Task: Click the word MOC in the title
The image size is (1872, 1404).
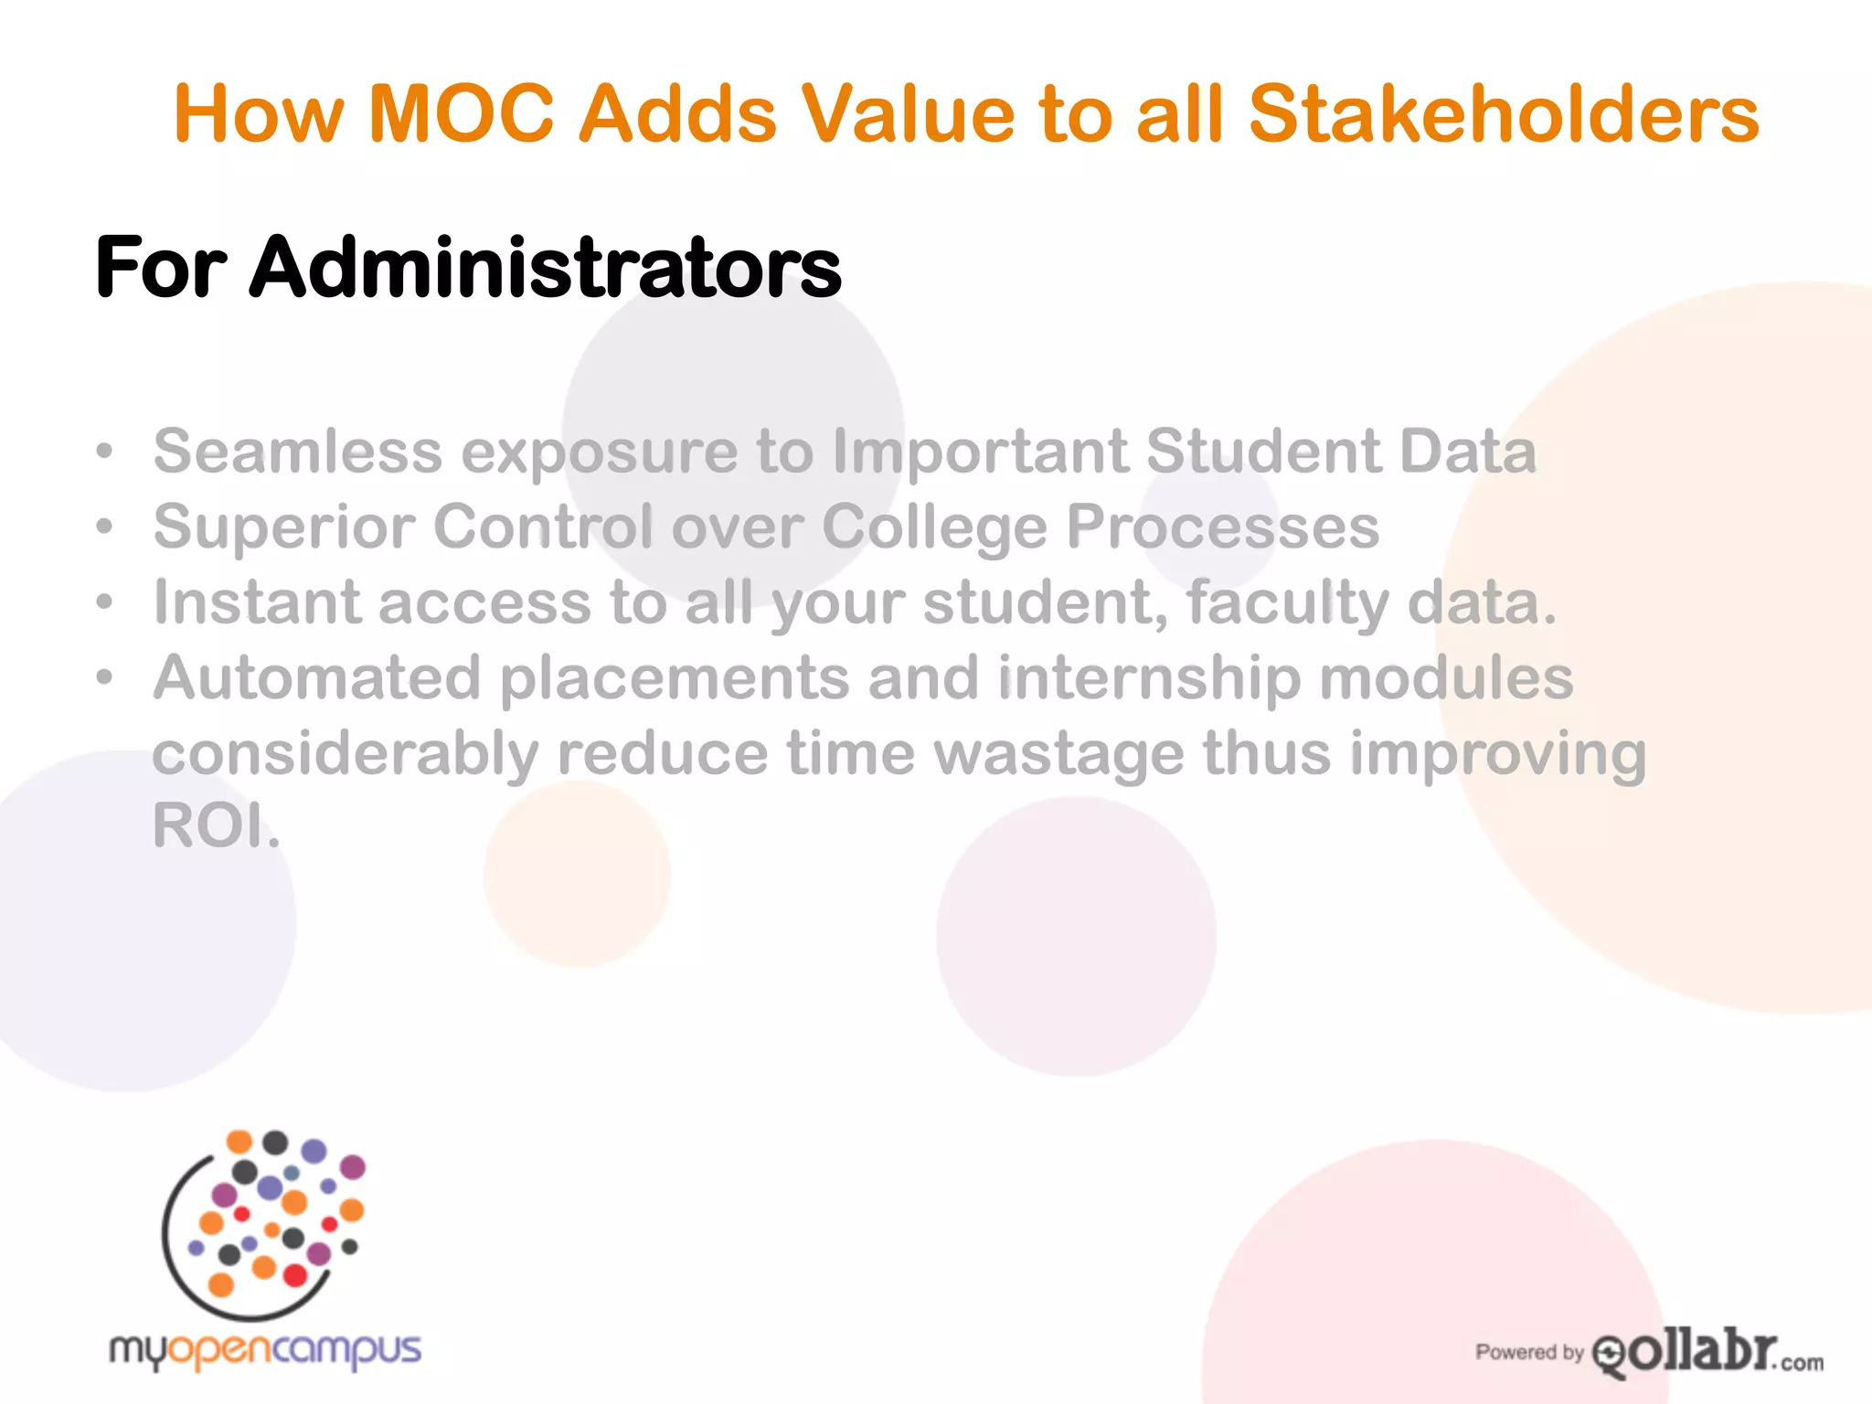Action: point(462,114)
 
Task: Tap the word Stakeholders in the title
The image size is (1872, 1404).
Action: point(1503,114)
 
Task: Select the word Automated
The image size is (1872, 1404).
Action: point(316,678)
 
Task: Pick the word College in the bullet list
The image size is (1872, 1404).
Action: point(933,528)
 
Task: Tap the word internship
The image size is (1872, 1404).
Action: point(1148,680)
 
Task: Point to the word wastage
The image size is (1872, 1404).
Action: point(1058,755)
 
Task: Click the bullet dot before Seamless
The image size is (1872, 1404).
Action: point(106,452)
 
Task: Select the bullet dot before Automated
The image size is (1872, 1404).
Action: point(106,678)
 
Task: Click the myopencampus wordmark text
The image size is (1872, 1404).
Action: point(265,1351)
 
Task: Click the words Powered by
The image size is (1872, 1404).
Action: point(1528,1352)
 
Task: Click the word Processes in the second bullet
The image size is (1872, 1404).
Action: point(1223,527)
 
